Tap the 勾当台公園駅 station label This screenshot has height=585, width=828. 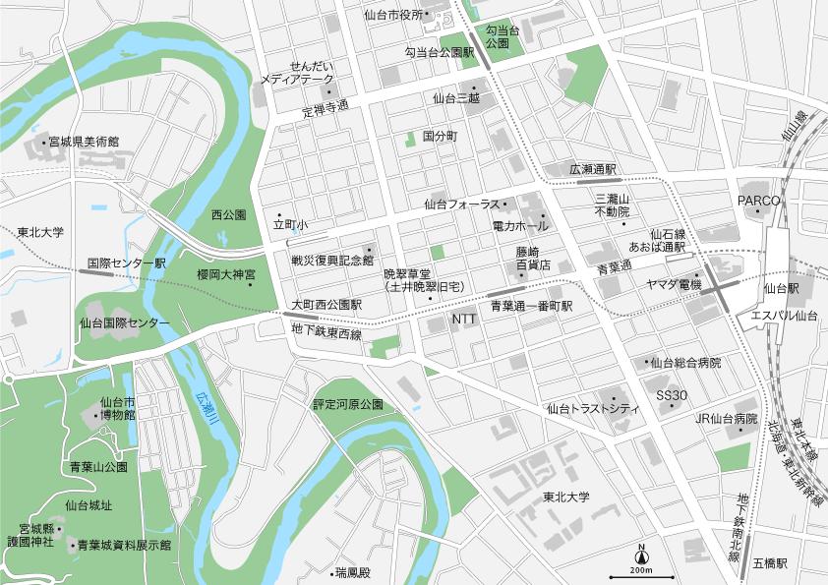440,51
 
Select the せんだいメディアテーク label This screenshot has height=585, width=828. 297,72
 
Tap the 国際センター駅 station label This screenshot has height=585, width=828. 127,264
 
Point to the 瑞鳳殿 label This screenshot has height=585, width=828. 351,571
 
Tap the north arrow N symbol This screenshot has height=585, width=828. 641,551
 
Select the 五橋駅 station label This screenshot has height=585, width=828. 770,563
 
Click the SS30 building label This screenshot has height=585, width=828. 672,395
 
